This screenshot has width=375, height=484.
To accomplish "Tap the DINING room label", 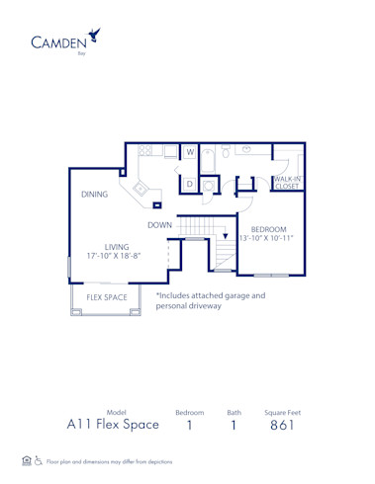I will point(95,195).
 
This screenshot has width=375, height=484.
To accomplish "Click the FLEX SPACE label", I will point(106,296).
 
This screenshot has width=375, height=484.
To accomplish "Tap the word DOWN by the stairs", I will point(161,224).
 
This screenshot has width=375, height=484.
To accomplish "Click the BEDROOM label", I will point(268,229).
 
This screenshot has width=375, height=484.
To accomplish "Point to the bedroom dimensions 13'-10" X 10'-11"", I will point(268,239).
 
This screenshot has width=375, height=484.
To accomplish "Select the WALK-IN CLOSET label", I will point(287,182).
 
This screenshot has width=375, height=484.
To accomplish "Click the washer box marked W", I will point(190,152).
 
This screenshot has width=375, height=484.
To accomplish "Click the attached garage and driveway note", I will point(210,300).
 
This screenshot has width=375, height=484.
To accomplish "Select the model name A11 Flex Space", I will point(113,425).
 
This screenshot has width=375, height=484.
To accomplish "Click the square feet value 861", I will point(282,425).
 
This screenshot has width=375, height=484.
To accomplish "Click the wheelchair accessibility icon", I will point(39,460).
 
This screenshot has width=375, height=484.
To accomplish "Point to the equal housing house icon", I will point(26,460).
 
